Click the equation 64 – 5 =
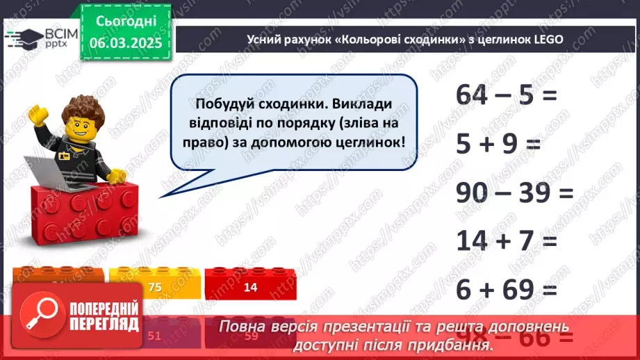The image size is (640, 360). (507, 95)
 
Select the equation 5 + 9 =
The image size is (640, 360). (498, 145)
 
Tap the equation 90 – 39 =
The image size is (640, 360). (515, 193)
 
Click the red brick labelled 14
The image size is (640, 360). (249, 287)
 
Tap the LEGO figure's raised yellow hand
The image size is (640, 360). (37, 115)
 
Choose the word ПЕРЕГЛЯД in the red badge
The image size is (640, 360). (103, 324)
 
